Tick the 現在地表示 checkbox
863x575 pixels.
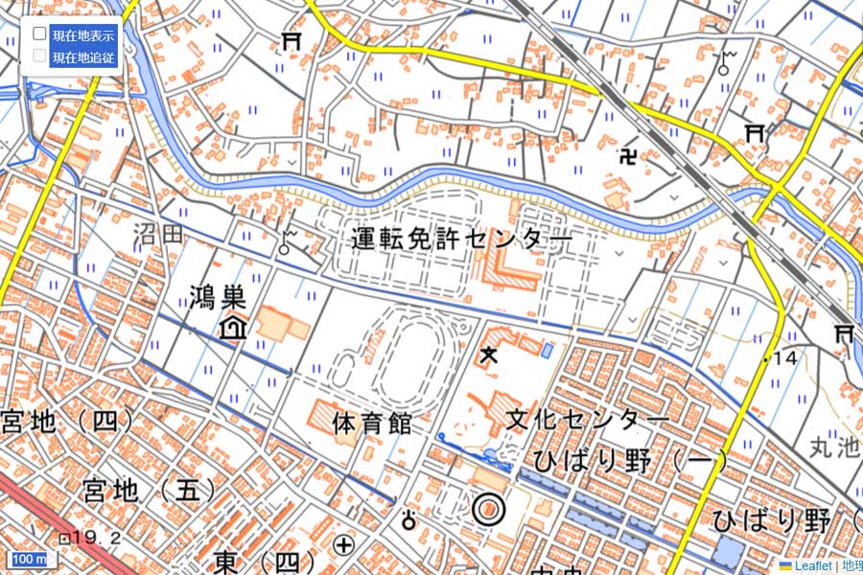pyautogui.click(x=40, y=34)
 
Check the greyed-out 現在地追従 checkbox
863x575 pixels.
pyautogui.click(x=40, y=56)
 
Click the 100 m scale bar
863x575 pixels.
pyautogui.click(x=29, y=559)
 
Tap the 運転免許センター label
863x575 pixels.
pyautogui.click(x=461, y=239)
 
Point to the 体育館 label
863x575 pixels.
pyautogui.click(x=372, y=423)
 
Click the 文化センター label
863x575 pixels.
pyautogui.click(x=587, y=420)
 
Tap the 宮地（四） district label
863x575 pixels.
pyautogui.click(x=58, y=420)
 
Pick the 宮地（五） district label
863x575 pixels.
pyautogui.click(x=149, y=491)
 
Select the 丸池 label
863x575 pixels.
pyautogui.click(x=835, y=446)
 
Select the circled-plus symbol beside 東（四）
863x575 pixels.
pyautogui.click(x=343, y=546)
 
